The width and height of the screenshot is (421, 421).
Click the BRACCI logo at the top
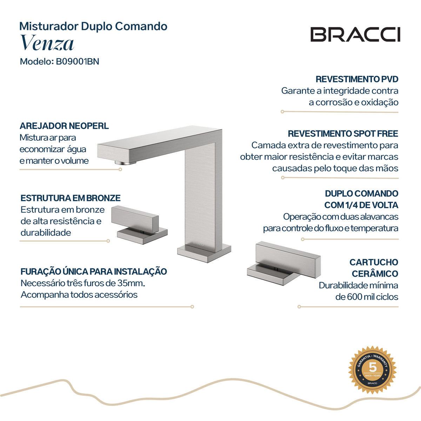pos(355,34)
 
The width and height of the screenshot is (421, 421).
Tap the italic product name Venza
pos(47,42)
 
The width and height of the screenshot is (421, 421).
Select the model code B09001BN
pos(78,61)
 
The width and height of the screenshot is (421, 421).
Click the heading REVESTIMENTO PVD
pos(357,79)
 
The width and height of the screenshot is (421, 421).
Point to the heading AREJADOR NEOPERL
pos(64,126)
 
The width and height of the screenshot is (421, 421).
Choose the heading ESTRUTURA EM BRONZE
pos(71,198)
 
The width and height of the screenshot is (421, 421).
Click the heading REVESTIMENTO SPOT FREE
pos(343,133)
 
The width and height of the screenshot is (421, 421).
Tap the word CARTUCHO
pos(374,262)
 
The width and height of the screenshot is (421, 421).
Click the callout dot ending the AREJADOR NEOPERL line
pos(120,169)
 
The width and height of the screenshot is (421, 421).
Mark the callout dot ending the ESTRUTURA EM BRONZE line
pos(108,241)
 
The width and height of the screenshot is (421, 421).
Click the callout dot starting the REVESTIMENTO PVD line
pos(282,112)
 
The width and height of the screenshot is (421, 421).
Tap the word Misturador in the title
pos(49,26)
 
